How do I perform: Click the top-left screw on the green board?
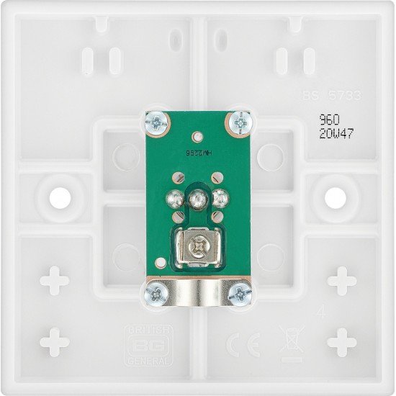point(156,123)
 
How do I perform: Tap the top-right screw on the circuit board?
point(238,123)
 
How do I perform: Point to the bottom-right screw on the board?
point(239,292)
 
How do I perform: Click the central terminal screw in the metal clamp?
point(197,249)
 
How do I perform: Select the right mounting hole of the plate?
point(334,195)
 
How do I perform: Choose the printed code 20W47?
point(336,134)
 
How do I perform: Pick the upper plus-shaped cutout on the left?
point(55,280)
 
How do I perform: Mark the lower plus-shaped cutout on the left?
point(55,341)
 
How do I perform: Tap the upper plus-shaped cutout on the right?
point(341,280)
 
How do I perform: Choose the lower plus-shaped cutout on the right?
point(341,341)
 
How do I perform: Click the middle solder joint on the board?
point(197,197)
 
